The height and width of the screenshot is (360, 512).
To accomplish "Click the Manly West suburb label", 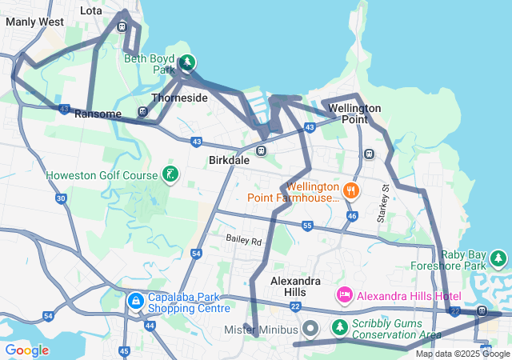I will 34,22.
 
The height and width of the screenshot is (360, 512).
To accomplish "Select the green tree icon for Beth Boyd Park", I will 186,62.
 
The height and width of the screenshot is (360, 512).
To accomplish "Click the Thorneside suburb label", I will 180,98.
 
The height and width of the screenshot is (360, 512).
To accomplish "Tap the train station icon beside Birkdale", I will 261,150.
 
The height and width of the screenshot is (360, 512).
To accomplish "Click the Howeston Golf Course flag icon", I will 170,174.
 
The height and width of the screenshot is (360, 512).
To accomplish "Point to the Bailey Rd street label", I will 243,240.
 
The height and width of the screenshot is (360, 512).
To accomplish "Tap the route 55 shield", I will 307,227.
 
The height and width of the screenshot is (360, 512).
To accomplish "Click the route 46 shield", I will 351,216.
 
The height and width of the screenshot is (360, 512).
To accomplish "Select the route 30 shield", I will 61,198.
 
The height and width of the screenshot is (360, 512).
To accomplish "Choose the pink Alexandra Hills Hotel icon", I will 345,295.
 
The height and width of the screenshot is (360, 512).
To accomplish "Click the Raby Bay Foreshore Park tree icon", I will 498,258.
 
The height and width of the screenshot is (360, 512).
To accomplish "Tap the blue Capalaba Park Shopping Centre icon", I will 135,302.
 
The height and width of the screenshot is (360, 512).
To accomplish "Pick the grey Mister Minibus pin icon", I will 312,329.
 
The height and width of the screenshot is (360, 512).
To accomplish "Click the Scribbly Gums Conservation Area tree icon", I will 340,328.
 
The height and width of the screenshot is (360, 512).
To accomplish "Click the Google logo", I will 26,350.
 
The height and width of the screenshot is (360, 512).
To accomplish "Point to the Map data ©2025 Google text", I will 462,354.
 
